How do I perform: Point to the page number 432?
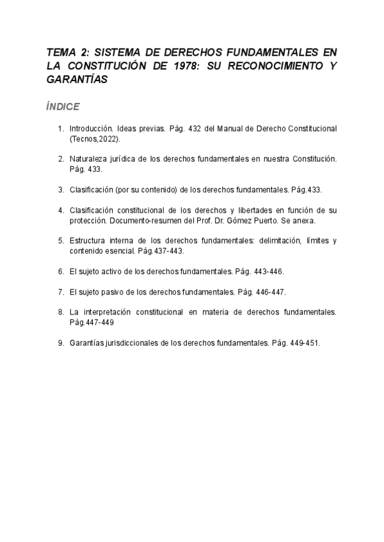point(195,128)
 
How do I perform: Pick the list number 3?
point(61,190)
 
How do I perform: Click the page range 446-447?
point(269,291)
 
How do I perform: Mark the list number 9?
point(61,343)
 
